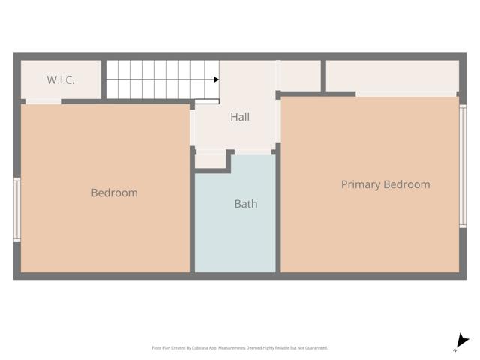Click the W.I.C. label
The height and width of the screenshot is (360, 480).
click(x=61, y=79)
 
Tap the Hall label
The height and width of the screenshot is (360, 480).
click(x=240, y=117)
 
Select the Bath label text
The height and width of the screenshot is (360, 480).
click(x=246, y=203)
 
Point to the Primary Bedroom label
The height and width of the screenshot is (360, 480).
click(x=385, y=184)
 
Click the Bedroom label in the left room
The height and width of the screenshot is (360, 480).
click(x=114, y=193)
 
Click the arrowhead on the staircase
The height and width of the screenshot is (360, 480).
click(x=216, y=79)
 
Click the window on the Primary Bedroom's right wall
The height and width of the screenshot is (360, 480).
click(x=463, y=166)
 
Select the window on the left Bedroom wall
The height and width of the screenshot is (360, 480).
click(x=16, y=209)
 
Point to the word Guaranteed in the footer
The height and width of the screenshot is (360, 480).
click(x=316, y=347)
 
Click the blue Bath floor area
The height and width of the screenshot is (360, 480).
click(x=235, y=232)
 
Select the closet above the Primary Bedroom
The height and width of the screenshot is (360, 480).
click(x=391, y=76)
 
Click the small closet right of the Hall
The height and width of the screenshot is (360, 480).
click(x=300, y=75)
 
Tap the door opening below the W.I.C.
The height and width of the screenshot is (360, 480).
click(x=43, y=101)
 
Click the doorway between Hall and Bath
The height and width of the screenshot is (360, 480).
click(x=252, y=152)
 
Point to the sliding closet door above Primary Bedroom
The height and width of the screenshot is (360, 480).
click(x=405, y=94)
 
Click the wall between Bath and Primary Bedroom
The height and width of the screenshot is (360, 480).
click(x=277, y=217)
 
